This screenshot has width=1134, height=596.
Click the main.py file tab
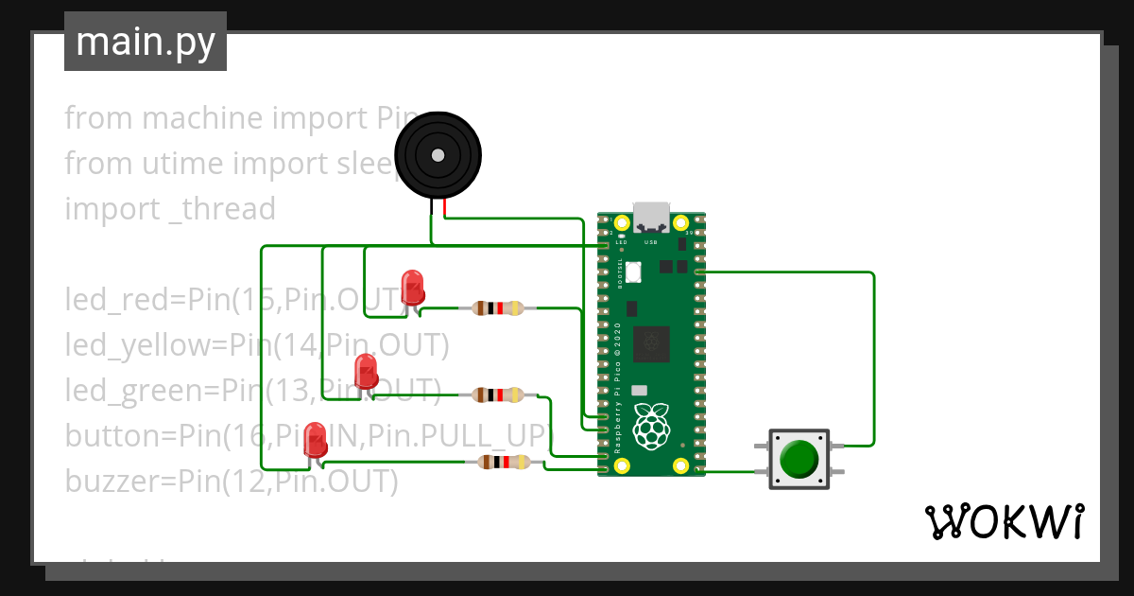pos(145,42)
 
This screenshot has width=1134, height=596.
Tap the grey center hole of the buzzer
pos(437,155)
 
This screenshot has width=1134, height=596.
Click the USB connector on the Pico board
pos(652,218)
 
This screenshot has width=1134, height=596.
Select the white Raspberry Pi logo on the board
pos(651,425)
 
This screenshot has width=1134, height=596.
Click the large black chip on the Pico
pos(651,343)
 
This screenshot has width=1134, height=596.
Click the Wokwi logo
pos(1003,521)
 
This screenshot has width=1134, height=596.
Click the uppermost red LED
pos(412,286)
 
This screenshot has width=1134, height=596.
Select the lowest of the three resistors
pos(500,462)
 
